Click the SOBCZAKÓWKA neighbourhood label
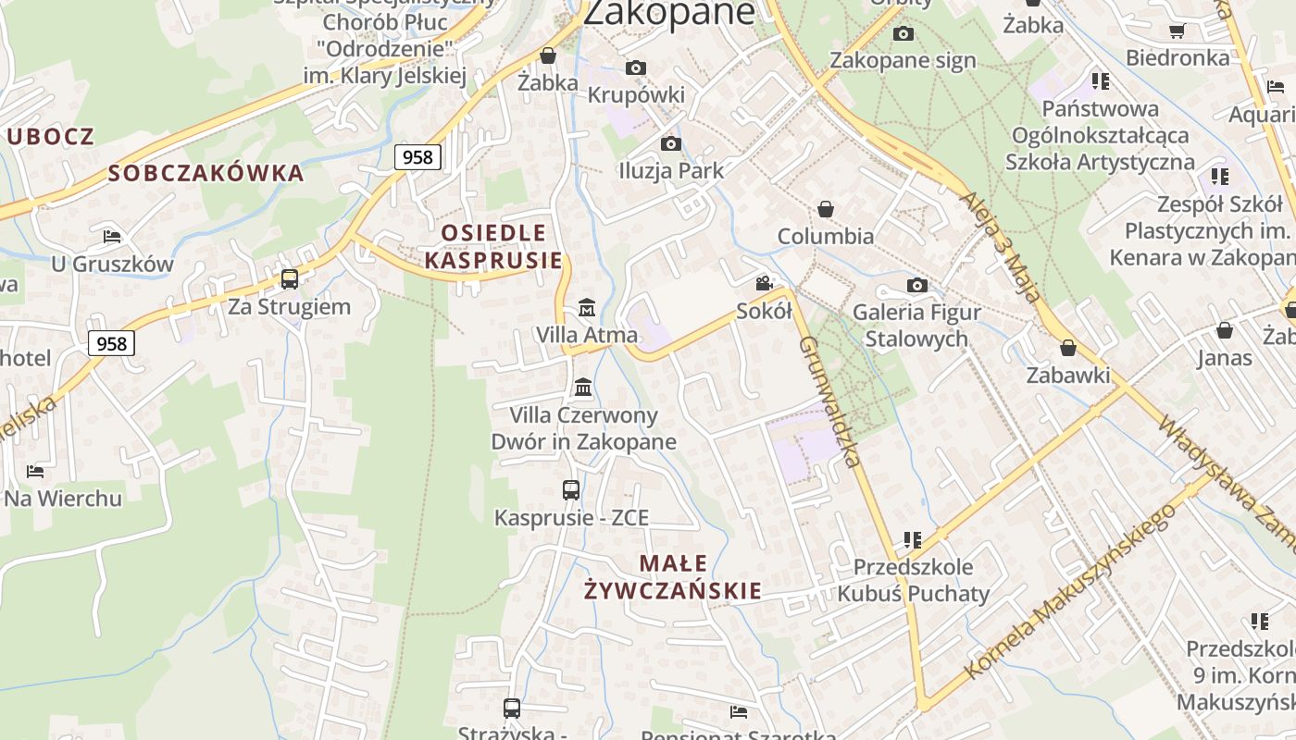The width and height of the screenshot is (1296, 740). [x=206, y=173]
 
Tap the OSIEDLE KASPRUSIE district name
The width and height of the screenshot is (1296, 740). [x=493, y=246]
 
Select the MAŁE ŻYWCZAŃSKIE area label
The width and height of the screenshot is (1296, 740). [x=674, y=577]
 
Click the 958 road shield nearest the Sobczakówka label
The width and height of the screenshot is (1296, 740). [x=417, y=157]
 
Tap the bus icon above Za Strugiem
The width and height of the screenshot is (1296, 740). [x=290, y=278]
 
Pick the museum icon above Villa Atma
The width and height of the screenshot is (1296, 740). [x=587, y=307]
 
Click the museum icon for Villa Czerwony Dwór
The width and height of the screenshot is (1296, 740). [x=583, y=387]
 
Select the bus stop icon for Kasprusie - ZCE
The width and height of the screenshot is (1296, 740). [x=571, y=490]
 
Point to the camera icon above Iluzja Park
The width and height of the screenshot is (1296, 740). [x=671, y=143]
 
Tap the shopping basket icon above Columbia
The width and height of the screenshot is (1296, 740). [x=825, y=210]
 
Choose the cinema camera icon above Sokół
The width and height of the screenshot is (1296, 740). [x=764, y=284]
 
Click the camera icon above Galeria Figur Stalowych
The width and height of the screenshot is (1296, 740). [x=917, y=285]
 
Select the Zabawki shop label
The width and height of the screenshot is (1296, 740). [x=1068, y=375]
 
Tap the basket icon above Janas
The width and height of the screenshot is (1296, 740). [x=1225, y=330]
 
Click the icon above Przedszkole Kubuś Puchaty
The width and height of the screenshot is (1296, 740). [x=913, y=539]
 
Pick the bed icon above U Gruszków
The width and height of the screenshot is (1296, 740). [x=112, y=237]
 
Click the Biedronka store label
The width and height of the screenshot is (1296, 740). [x=1178, y=57]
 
